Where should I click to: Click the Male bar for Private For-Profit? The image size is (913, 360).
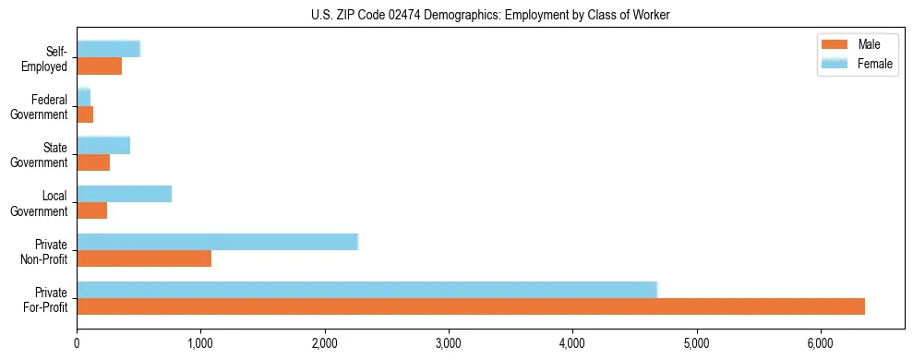pyautogui.click(x=471, y=306)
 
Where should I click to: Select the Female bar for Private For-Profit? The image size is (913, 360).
pyautogui.click(x=366, y=289)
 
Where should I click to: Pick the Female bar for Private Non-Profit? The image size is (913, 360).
pyautogui.click(x=217, y=241)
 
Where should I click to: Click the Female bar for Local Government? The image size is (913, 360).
pyautogui.click(x=124, y=193)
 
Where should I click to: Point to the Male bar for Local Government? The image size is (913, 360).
pyautogui.click(x=91, y=210)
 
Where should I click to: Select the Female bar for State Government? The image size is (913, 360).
pyautogui.click(x=103, y=145)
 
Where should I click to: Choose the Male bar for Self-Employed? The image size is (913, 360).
pyautogui.click(x=99, y=66)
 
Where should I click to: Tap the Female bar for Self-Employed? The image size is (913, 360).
pyautogui.click(x=108, y=49)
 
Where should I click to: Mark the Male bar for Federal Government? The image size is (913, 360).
pyautogui.click(x=85, y=114)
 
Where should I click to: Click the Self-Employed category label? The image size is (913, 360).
pyautogui.click(x=48, y=58)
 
